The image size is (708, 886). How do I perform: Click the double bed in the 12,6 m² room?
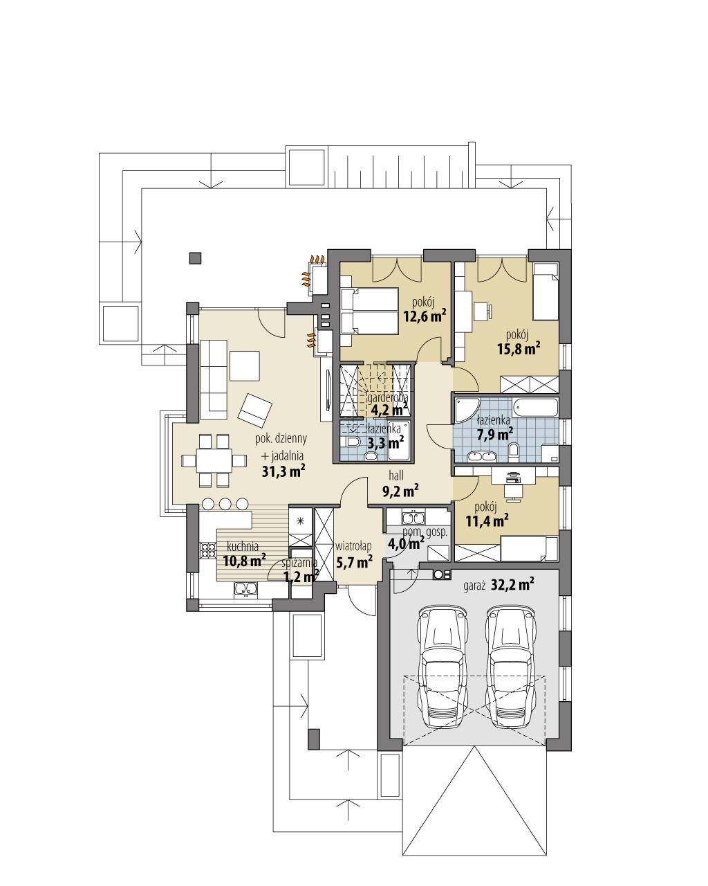(369, 311)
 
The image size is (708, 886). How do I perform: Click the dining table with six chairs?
(214, 460)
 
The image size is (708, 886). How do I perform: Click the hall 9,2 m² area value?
(400, 491)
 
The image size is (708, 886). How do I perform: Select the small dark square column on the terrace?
(196, 258)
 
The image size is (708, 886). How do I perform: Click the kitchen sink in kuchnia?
(247, 589)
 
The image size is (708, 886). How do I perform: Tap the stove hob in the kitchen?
(207, 551)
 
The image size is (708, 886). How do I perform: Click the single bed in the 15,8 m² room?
(546, 291)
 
